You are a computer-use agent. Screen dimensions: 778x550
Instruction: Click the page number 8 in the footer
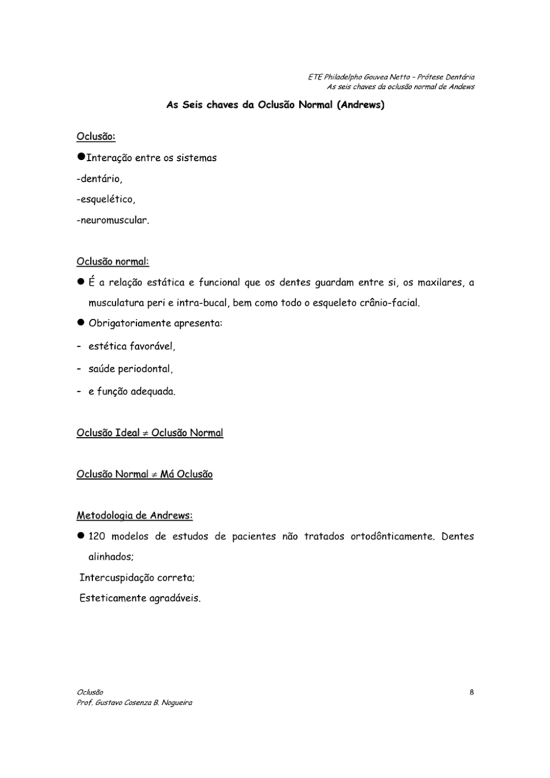[x=471, y=692]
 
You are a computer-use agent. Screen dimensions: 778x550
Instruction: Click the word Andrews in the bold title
[x=361, y=104]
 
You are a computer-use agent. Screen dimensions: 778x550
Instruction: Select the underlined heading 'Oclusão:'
[x=96, y=136]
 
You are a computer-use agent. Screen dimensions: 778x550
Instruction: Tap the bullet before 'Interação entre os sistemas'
[x=81, y=157]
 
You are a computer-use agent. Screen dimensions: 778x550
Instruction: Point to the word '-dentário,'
[x=100, y=179]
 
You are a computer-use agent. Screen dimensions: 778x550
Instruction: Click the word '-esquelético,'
[x=106, y=199]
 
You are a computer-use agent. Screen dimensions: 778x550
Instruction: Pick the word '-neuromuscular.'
[x=113, y=220]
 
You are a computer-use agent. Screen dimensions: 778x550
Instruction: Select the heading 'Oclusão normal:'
[x=113, y=261]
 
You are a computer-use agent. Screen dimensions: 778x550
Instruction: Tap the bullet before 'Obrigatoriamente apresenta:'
[x=80, y=323]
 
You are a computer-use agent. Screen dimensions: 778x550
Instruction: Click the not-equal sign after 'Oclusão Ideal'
[x=145, y=433]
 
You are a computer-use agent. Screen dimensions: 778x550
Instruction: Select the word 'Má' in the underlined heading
[x=167, y=474]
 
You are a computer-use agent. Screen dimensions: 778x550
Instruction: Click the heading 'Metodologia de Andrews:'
[x=134, y=515]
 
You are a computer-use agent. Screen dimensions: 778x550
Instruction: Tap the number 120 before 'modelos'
[x=96, y=536]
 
